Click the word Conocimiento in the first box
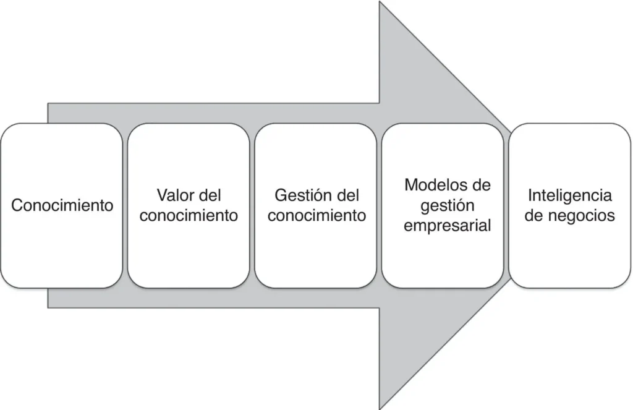(x=62, y=205)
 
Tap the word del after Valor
(x=210, y=195)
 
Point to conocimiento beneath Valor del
(x=189, y=215)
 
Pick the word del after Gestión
(x=348, y=195)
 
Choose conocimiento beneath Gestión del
(x=316, y=215)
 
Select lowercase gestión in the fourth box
(x=448, y=206)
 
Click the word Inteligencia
(x=569, y=196)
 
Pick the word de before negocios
(x=533, y=215)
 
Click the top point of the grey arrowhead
(x=380, y=1)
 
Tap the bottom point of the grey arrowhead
(x=380, y=409)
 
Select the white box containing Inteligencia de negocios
(x=569, y=205)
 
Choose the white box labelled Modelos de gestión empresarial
(x=443, y=205)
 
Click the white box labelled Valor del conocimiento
(x=189, y=205)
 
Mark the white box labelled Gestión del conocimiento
(x=316, y=205)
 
